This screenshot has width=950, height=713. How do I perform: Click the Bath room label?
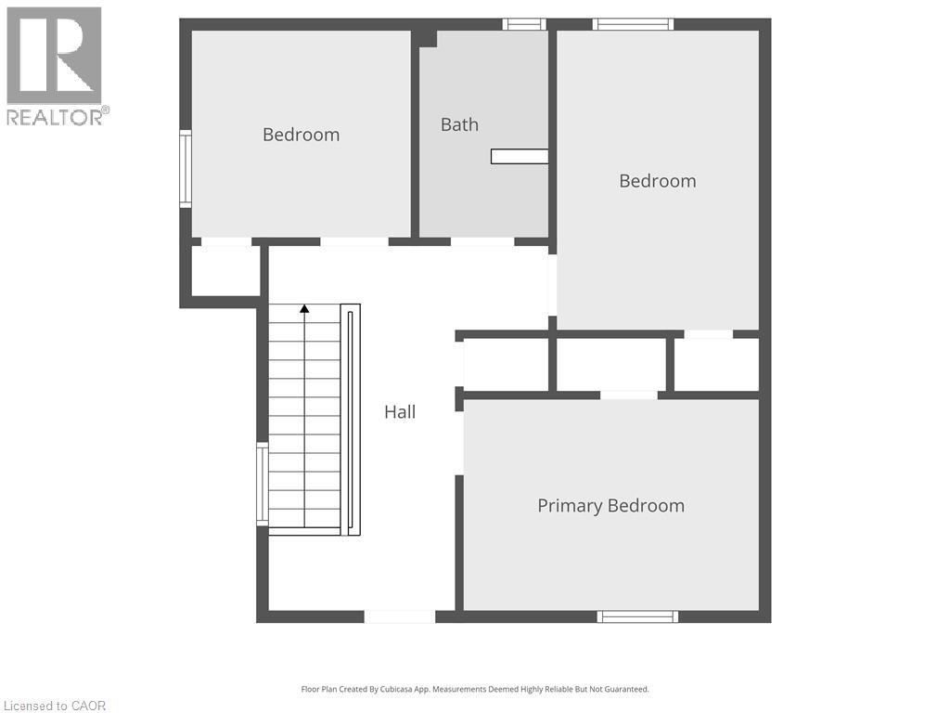[459, 124]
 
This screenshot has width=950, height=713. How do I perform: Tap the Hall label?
[400, 412]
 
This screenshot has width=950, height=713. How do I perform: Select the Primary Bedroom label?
[610, 506]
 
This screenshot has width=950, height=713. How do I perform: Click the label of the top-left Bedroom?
[301, 135]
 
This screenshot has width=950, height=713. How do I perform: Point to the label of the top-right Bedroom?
[657, 181]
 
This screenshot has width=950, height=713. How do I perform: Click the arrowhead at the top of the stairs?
[304, 308]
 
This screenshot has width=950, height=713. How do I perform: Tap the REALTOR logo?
[56, 65]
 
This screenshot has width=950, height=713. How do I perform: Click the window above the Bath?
[524, 24]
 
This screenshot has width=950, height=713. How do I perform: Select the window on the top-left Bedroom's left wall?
[186, 168]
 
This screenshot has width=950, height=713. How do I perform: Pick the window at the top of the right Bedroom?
[633, 24]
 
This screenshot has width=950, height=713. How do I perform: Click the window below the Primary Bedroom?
[637, 616]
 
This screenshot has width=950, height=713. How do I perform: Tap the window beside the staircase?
[263, 485]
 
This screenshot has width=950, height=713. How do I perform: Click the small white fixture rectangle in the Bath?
[519, 156]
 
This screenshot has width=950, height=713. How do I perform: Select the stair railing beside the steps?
[350, 420]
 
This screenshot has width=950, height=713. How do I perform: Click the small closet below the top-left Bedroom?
[225, 271]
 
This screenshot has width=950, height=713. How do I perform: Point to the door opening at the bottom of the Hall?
[399, 616]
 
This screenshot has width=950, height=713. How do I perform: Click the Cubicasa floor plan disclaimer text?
[475, 689]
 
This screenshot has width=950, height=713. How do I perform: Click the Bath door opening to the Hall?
[482, 242]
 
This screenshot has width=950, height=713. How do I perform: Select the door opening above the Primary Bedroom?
[629, 395]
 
